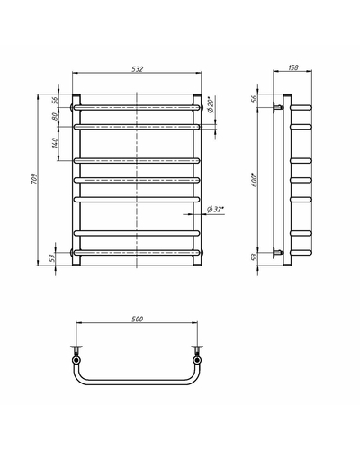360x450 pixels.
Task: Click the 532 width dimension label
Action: click(x=138, y=69)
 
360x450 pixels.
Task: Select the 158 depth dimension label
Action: click(x=293, y=67)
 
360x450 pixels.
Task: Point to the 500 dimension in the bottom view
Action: click(x=138, y=319)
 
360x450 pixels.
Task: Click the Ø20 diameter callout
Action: click(x=211, y=105)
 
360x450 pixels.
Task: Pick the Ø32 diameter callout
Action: click(x=216, y=210)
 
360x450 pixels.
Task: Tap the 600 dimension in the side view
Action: click(x=255, y=180)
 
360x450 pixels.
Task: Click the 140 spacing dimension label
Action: click(x=54, y=143)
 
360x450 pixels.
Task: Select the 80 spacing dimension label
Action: click(x=55, y=116)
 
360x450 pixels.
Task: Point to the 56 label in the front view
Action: click(x=55, y=100)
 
